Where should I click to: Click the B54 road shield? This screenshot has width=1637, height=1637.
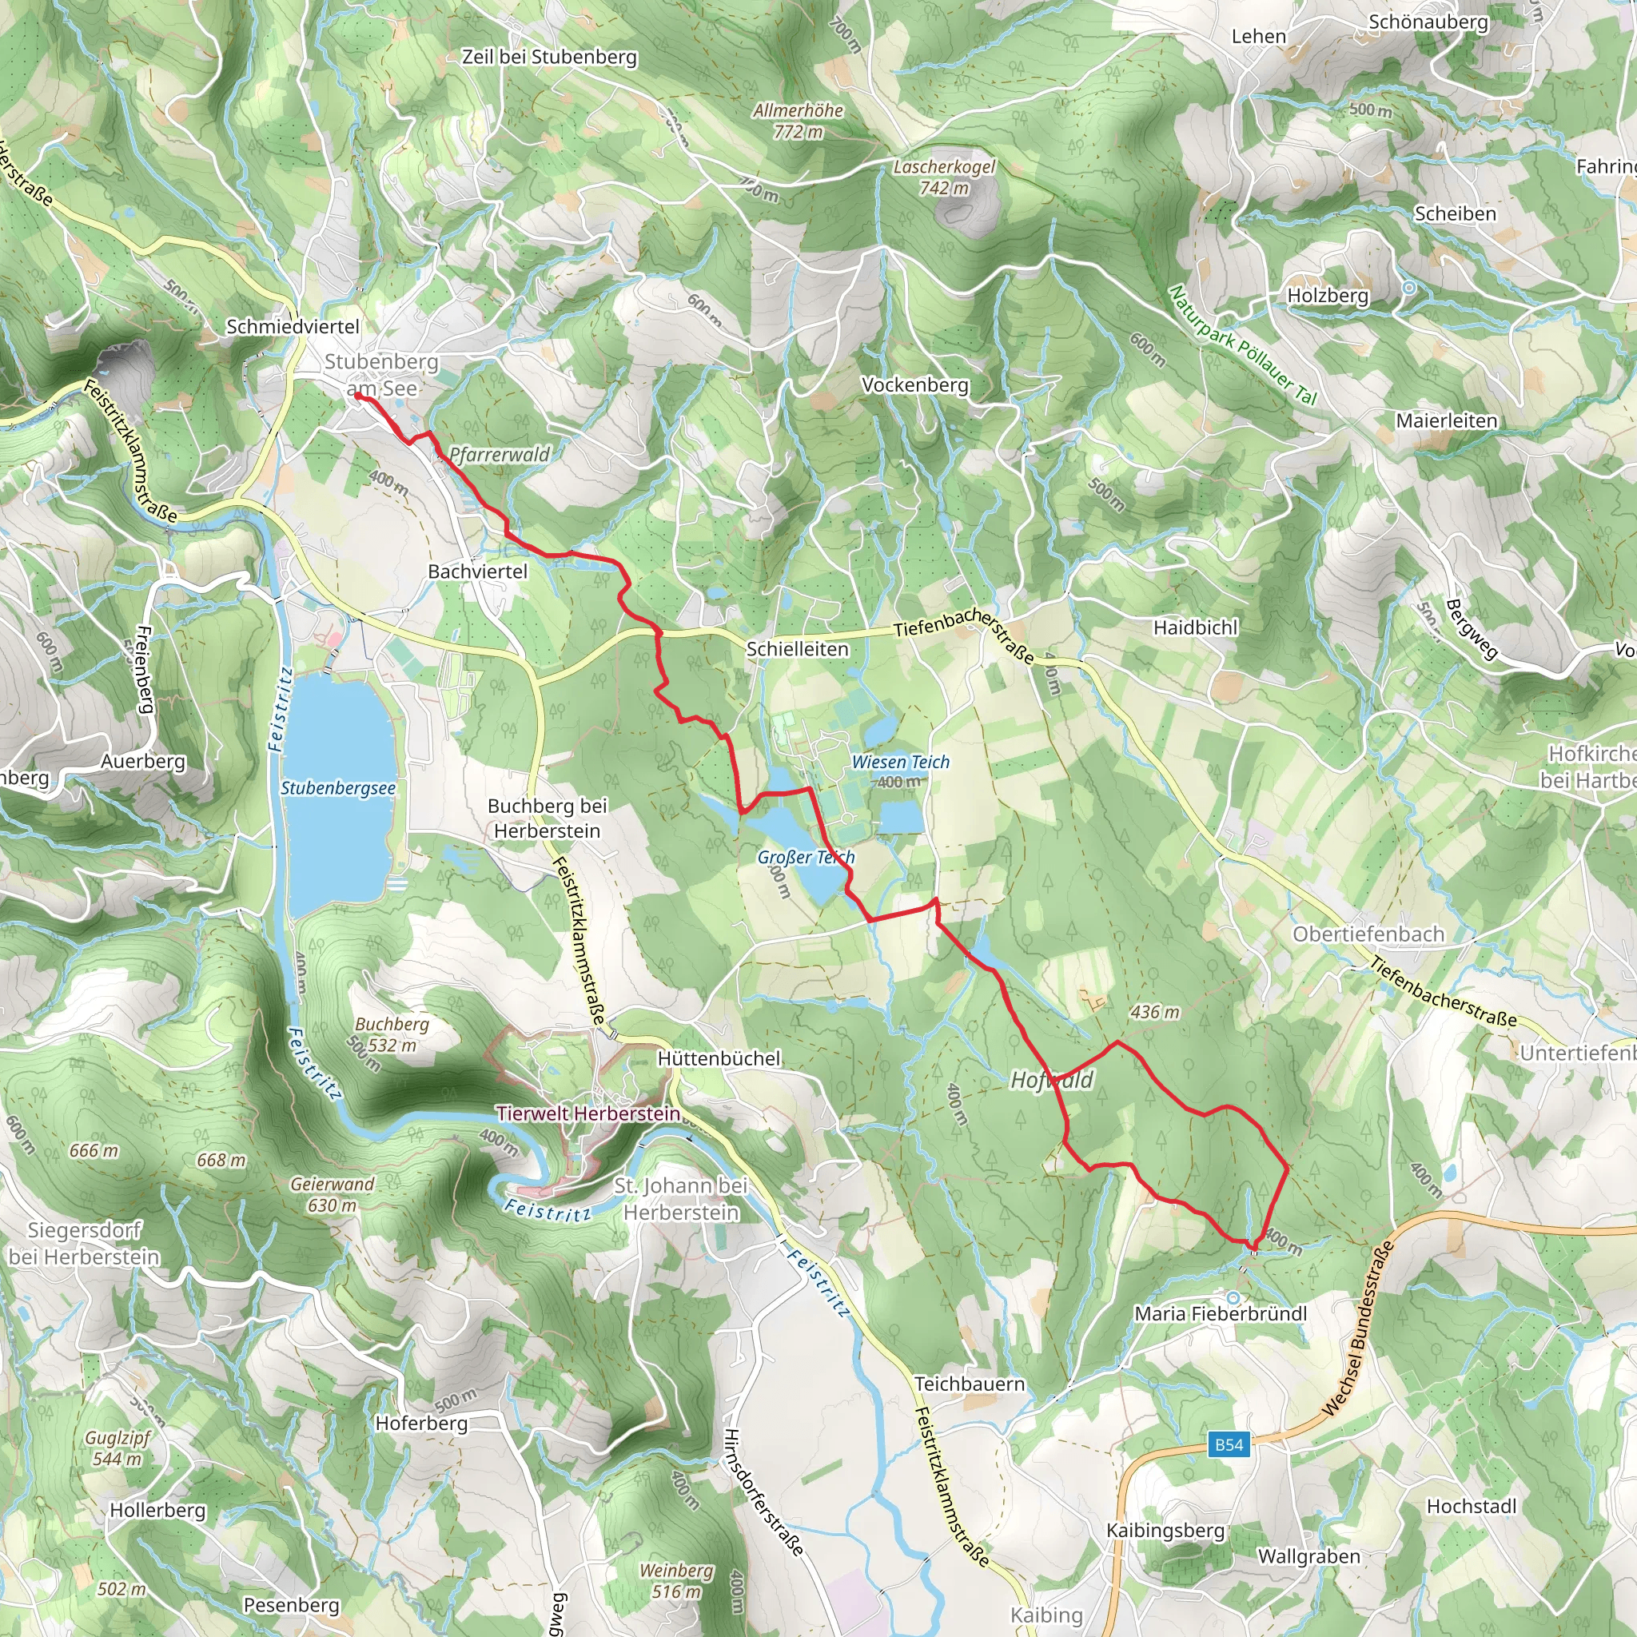[1229, 1444]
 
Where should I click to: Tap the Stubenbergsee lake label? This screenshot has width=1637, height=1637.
[338, 788]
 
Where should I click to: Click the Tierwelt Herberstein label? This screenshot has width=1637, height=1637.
[588, 1113]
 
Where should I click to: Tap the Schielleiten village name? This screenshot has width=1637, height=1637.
[796, 649]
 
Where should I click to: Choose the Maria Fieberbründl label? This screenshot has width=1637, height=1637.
[1220, 1313]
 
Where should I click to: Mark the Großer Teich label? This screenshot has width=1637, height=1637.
[805, 858]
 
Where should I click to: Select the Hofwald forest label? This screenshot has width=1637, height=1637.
[1052, 1081]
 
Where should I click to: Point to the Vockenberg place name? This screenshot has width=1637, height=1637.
[914, 384]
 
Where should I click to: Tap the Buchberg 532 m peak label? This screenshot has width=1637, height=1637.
[392, 1034]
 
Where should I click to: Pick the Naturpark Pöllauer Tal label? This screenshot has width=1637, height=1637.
[1241, 345]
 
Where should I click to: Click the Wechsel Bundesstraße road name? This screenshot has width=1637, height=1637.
[1357, 1328]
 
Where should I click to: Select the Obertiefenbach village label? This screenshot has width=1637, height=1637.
[1368, 934]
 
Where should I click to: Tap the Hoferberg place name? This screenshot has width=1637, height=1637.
[421, 1424]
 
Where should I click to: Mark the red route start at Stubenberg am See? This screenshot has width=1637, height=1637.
[357, 396]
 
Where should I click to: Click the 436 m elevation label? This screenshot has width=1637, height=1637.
[1154, 1012]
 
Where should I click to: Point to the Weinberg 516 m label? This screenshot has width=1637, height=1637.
[676, 1580]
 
